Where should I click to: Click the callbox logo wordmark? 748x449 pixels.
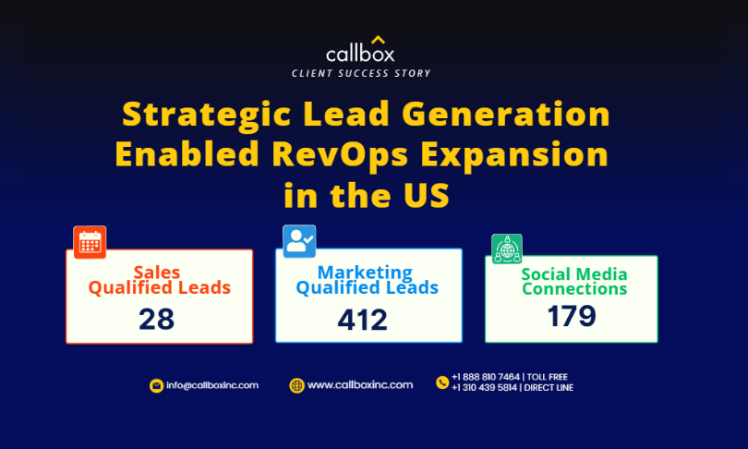[x=360, y=53]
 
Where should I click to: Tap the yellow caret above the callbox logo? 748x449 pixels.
[x=379, y=39]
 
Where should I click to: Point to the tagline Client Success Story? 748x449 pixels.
[x=361, y=74]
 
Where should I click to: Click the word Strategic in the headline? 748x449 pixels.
[x=207, y=115]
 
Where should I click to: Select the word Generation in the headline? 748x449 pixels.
[x=506, y=114]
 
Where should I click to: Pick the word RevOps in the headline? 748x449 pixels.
[x=340, y=154]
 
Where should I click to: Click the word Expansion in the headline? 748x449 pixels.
[x=514, y=154]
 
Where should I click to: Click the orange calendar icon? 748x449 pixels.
[x=90, y=242]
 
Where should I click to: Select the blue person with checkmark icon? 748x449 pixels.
[x=299, y=241]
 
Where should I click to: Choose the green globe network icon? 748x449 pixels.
[x=507, y=249]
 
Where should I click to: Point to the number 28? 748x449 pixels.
[x=156, y=320]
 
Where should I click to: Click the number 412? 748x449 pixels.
[x=363, y=320]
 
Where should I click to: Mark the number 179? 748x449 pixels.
[x=572, y=316]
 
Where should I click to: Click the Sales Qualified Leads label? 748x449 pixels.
[x=160, y=280]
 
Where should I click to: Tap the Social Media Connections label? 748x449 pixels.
[x=574, y=282]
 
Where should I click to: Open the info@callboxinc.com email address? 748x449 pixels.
[x=212, y=385]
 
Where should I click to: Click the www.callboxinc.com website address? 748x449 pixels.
[x=360, y=384]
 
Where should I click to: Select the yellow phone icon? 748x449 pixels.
[x=442, y=382]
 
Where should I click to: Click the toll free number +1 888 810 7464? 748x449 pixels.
[x=486, y=377]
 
